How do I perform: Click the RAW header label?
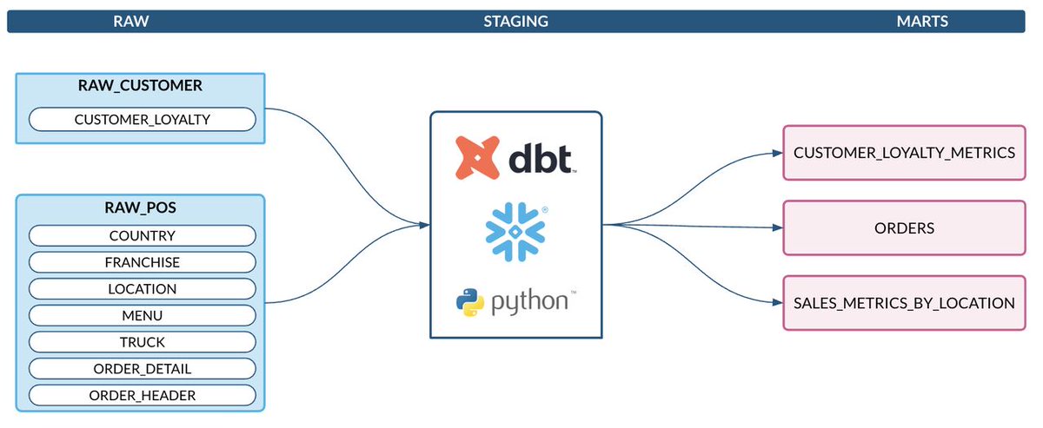click(130, 22)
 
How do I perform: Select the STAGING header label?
click(515, 22)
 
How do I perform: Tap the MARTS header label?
click(921, 22)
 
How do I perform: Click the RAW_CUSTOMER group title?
click(142, 86)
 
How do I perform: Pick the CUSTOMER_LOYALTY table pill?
click(143, 119)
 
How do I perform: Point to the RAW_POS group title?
click(142, 208)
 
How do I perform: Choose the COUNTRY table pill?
click(143, 235)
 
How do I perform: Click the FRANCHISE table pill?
click(143, 262)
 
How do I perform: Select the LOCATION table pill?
click(143, 289)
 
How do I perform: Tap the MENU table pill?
click(143, 316)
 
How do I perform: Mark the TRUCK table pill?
click(143, 343)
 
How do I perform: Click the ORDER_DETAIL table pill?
click(143, 369)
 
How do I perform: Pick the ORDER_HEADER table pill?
click(143, 396)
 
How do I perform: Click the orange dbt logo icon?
click(477, 158)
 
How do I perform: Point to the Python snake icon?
click(470, 303)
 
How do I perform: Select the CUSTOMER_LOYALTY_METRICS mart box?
click(904, 153)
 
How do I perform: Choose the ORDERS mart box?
click(904, 228)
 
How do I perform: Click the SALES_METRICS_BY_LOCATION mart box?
click(904, 304)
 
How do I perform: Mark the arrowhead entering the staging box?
click(425, 226)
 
